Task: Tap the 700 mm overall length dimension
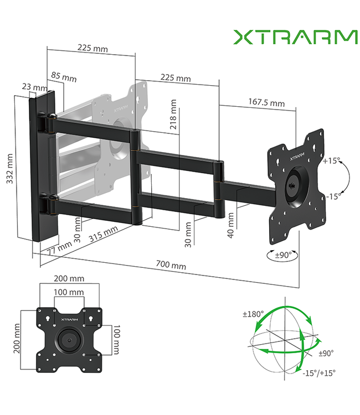171,266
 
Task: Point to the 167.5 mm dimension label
266,102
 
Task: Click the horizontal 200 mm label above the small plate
69,278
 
